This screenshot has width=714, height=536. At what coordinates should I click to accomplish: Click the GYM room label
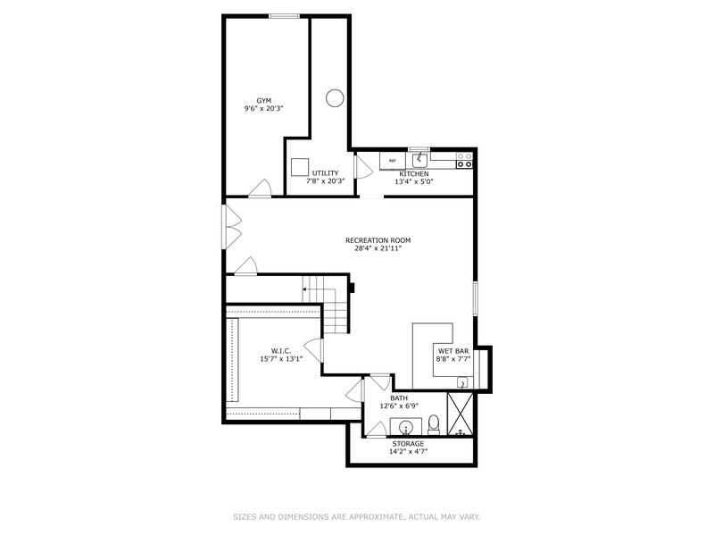coord(263,101)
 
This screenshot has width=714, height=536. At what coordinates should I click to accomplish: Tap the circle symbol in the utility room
coord(334,97)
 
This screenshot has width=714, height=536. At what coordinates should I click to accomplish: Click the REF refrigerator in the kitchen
coord(392,162)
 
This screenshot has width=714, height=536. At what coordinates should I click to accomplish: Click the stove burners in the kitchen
coord(464,161)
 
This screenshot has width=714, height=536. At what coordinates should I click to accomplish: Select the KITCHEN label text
coord(413,173)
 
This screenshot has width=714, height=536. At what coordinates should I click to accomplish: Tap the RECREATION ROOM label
coord(378,239)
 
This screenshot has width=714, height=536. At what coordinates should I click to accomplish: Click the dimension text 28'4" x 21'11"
coord(378,248)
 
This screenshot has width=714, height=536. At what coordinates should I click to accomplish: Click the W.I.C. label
coord(282,350)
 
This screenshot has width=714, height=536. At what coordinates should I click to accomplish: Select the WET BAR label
coord(452,351)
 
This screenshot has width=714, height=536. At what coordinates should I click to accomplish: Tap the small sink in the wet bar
coord(462,382)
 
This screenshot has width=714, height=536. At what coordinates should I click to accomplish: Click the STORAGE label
coord(409,443)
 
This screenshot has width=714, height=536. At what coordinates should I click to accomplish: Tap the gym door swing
coord(260,187)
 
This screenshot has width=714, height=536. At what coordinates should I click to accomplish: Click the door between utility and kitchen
coord(362,168)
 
